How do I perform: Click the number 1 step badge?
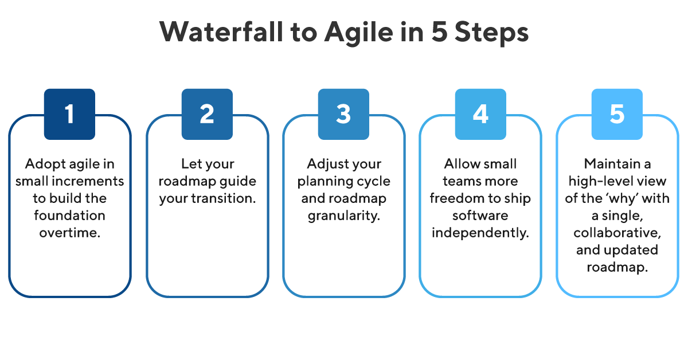pyautogui.click(x=69, y=114)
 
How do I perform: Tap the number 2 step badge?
pyautogui.click(x=206, y=114)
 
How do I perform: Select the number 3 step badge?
pyautogui.click(x=343, y=114)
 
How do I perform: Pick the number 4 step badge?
pyautogui.click(x=480, y=114)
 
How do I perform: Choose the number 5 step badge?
pyautogui.click(x=617, y=114)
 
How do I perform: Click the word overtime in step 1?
pyautogui.click(x=69, y=233)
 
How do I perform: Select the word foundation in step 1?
pyautogui.click(x=69, y=216)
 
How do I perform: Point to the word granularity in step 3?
pyautogui.click(x=343, y=216)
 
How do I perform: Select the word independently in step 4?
pyautogui.click(x=480, y=233)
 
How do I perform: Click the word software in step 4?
pyautogui.click(x=480, y=216)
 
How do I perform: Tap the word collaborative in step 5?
pyautogui.click(x=617, y=233)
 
